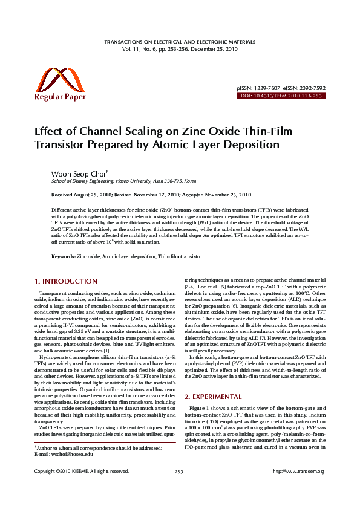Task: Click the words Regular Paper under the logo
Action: coord(60,97)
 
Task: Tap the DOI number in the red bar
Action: coord(291,96)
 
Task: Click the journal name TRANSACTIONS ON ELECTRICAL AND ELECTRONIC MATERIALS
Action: coord(180,42)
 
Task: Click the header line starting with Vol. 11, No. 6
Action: coord(180,48)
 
